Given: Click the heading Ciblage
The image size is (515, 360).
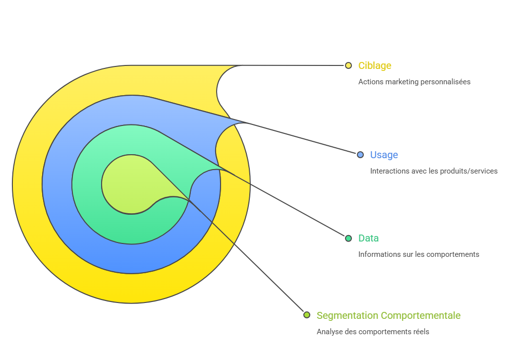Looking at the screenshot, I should pos(375,65).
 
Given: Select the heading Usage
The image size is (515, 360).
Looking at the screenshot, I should pos(384,155).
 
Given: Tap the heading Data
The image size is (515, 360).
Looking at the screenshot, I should pos(368,238).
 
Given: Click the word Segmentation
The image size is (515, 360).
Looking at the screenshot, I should pos(347,315).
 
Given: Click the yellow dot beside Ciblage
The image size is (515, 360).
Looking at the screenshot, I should pos(348,65).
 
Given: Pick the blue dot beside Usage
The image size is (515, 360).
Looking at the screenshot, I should pos(360,155).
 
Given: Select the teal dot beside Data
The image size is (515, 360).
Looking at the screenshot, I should pos(348,238).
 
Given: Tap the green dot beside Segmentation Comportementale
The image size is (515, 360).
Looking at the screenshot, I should pos(307,315).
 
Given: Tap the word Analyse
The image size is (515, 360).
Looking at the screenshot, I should pos(329,332).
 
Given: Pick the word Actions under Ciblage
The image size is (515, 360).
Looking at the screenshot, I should pos(369,82).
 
